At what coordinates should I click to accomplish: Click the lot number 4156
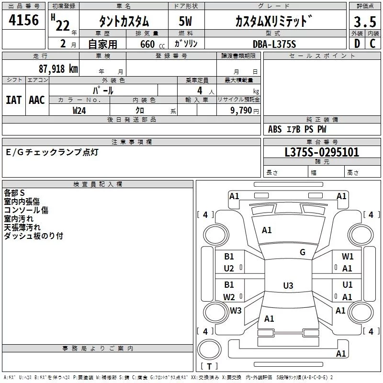(x=24, y=20)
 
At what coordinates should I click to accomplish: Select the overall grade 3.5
(x=364, y=22)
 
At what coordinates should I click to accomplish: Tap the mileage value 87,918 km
(x=58, y=69)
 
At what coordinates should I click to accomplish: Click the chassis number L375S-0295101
(x=322, y=152)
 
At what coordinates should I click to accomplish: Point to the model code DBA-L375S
(x=274, y=44)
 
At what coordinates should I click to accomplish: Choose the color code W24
(x=79, y=110)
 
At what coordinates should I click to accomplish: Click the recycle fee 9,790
(x=242, y=110)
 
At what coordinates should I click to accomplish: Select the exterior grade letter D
(x=357, y=44)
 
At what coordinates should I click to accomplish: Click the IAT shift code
(x=13, y=100)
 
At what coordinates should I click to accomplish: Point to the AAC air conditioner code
(x=37, y=100)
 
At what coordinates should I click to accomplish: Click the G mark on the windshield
(x=303, y=252)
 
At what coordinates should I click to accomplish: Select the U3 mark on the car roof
(x=288, y=286)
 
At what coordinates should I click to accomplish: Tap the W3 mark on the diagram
(x=236, y=310)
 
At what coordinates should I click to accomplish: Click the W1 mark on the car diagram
(x=348, y=257)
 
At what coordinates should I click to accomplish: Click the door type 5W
(x=185, y=22)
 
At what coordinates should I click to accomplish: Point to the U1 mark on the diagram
(x=348, y=285)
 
